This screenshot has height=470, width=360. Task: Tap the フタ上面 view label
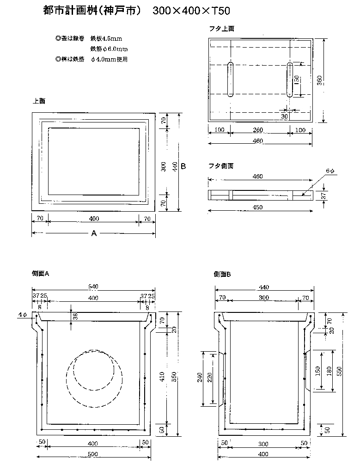pos(222,29)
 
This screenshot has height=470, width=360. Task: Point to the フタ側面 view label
pos(221,165)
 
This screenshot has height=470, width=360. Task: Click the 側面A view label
pos(41,274)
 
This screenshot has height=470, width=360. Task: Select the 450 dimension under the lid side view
pos(258,207)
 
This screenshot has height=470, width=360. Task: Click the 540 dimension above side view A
pos(93,287)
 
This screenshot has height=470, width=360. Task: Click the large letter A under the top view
pos(94,234)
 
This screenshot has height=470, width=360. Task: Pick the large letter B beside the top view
pos(183,166)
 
